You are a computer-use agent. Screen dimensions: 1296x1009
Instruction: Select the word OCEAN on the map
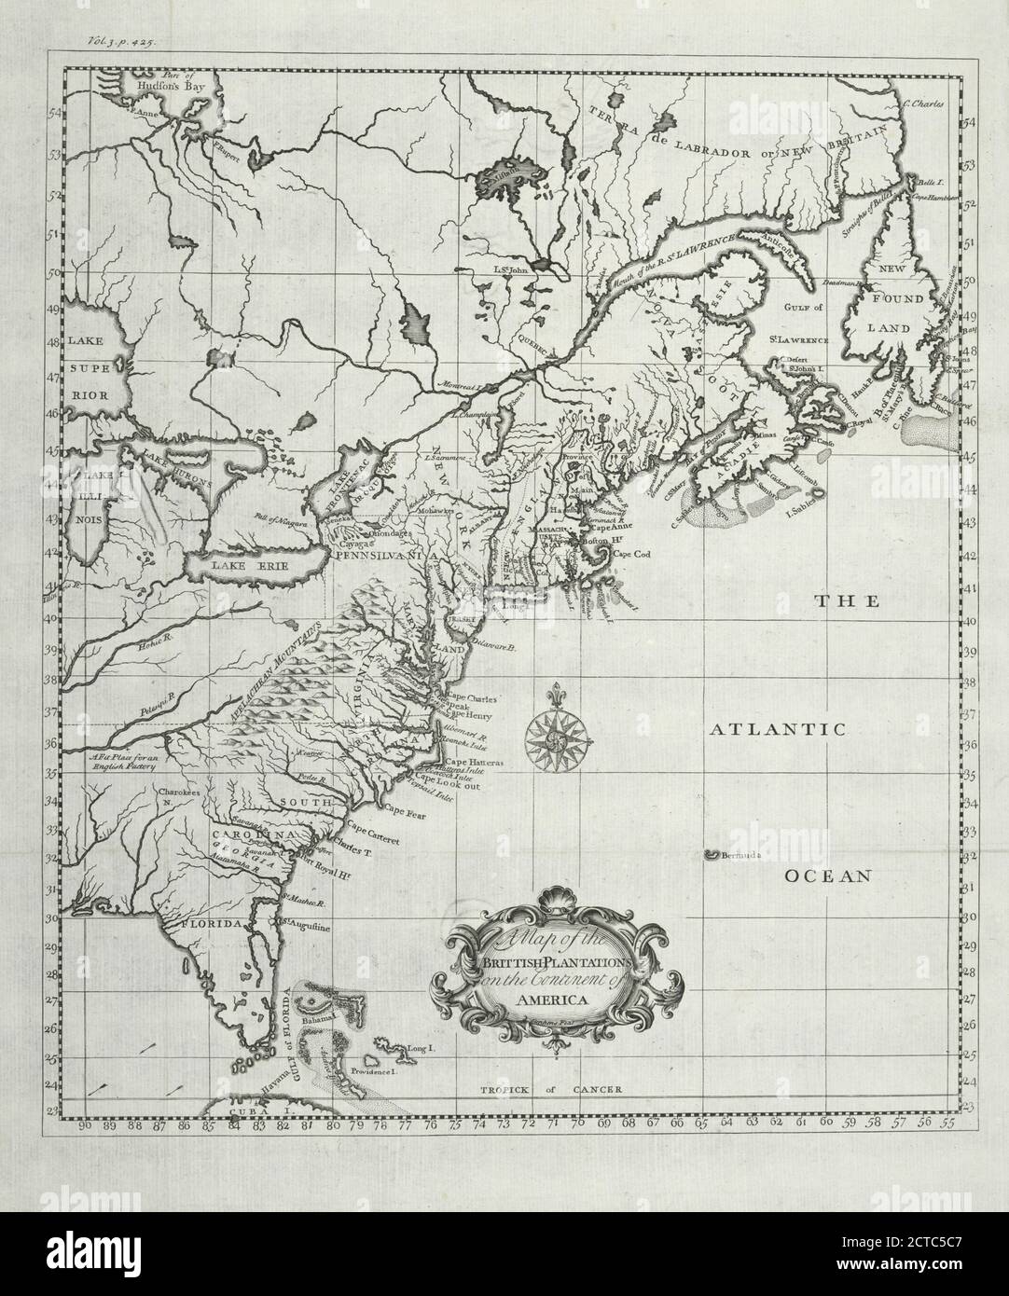(827, 875)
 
